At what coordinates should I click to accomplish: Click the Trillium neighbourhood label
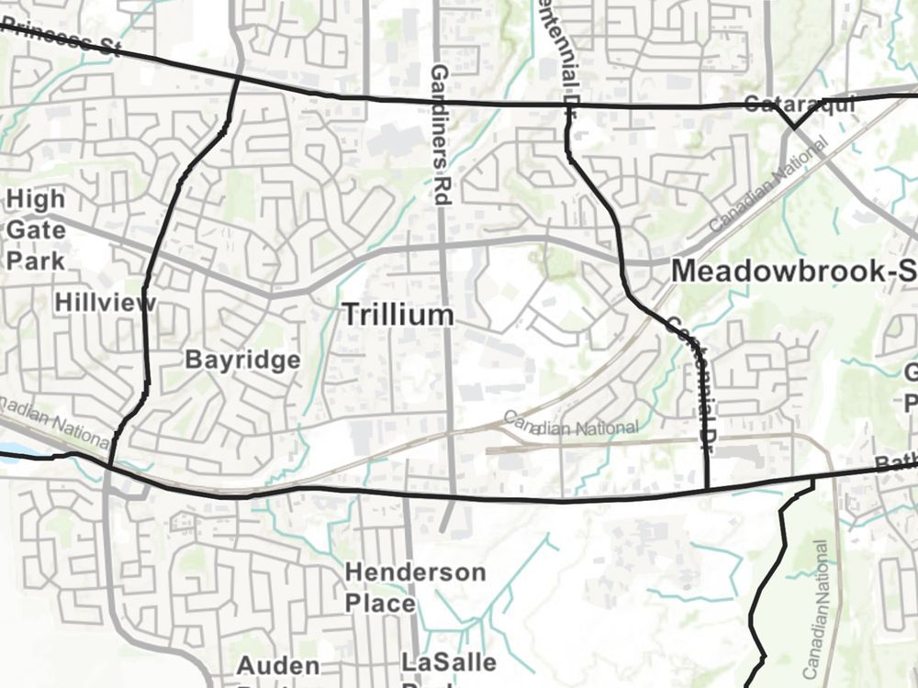(398, 315)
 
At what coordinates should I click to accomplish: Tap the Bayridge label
(242, 360)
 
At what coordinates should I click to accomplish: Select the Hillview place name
(103, 302)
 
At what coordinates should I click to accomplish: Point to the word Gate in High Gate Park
(34, 229)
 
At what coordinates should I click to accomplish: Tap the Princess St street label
(61, 39)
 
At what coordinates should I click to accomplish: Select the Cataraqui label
(800, 104)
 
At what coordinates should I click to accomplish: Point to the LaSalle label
(449, 662)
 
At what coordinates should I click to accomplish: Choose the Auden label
(278, 665)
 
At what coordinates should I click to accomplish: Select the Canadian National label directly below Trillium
(571, 425)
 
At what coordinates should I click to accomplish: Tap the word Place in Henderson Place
(380, 604)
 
